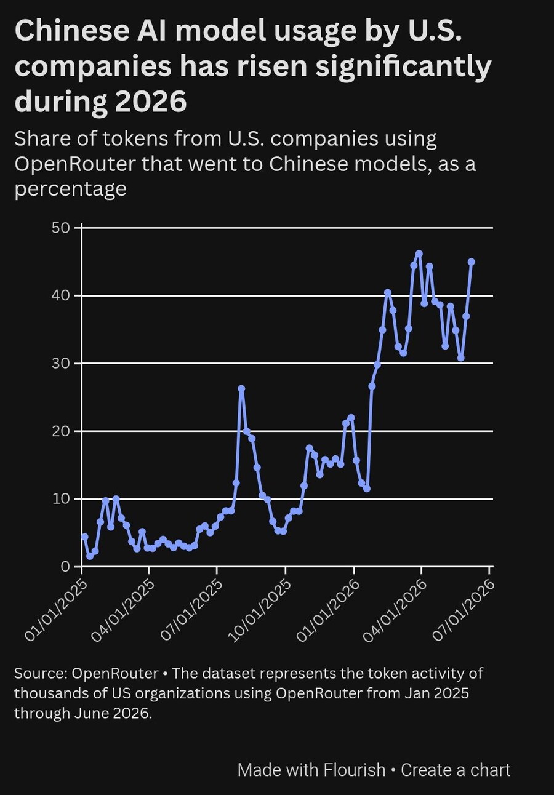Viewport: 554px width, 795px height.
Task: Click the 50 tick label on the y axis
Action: click(x=60, y=228)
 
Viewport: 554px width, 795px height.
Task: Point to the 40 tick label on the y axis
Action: click(x=60, y=295)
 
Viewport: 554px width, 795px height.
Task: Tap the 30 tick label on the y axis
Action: click(x=60, y=364)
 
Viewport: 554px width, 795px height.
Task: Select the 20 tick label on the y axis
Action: click(x=60, y=431)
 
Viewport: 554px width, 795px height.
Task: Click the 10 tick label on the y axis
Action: click(x=60, y=499)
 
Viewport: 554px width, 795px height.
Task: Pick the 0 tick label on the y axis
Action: click(x=65, y=567)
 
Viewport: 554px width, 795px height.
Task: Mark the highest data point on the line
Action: click(x=419, y=254)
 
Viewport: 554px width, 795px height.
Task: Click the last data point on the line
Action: click(x=472, y=262)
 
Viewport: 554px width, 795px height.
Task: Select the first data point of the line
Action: click(x=84, y=537)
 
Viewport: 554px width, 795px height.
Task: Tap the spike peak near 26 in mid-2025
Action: click(x=241, y=389)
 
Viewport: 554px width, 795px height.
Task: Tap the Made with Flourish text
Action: click(x=311, y=770)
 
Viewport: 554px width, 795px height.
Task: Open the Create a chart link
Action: click(x=456, y=770)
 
